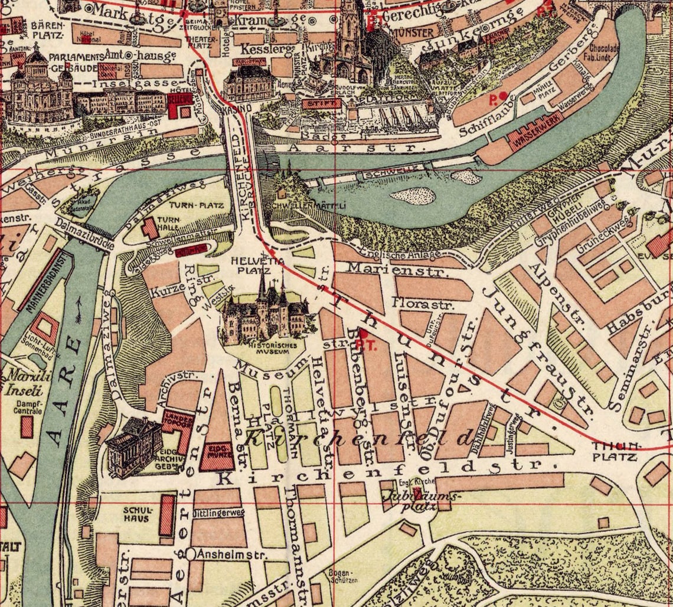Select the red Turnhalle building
(150, 229)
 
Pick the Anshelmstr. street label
(230, 555)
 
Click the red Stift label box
(321, 103)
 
